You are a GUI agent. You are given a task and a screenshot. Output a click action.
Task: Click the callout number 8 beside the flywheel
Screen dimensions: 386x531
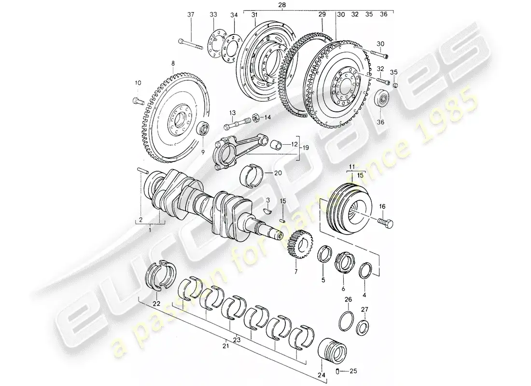(172, 64)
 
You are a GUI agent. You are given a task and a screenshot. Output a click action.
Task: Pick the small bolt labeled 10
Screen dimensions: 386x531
(137, 101)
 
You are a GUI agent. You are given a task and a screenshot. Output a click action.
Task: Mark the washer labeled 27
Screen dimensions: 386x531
(363, 328)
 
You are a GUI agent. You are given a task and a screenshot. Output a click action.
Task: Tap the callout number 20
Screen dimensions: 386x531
(278, 173)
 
